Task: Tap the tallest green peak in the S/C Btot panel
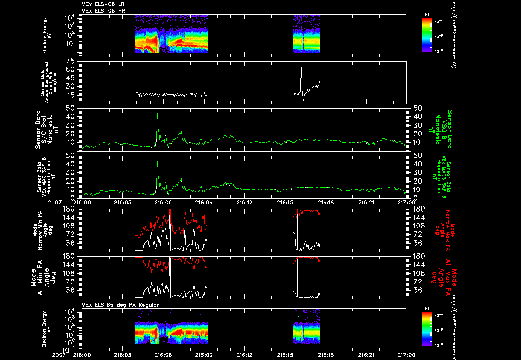click(158, 114)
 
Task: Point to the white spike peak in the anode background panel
click(301, 66)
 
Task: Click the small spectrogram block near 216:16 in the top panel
click(306, 33)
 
